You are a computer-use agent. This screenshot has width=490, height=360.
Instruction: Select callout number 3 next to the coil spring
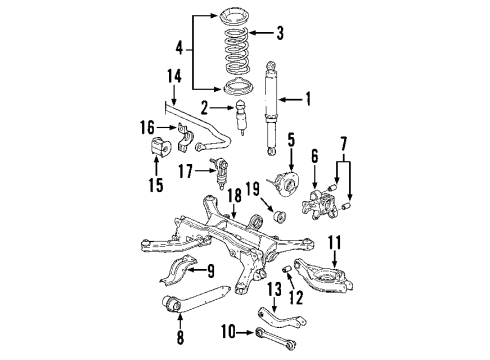279,33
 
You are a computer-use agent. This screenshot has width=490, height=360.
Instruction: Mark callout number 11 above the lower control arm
336,241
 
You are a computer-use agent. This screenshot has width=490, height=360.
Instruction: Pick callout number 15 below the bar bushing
154,185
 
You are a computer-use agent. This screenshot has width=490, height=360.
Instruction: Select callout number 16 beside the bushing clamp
147,129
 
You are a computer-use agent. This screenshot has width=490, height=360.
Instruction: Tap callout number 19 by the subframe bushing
253,189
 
